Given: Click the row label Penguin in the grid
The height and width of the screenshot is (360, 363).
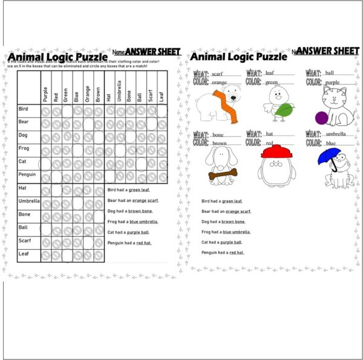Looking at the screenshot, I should tap(28, 174).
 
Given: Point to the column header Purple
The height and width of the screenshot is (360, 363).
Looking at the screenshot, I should tap(45, 94).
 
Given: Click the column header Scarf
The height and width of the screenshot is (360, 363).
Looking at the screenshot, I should tap(150, 94).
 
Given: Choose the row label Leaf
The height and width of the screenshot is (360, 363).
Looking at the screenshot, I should tap(24, 254).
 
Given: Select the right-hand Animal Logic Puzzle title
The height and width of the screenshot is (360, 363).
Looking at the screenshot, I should tap(238, 57).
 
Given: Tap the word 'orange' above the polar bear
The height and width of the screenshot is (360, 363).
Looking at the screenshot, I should tap(219, 82).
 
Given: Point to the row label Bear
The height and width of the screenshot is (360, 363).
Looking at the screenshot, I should tap(24, 122).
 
